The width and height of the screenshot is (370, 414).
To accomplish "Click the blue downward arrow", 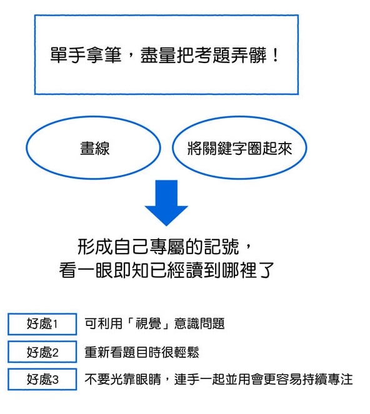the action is click(166, 202).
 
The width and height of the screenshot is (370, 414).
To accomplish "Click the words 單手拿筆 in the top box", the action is click(86, 55).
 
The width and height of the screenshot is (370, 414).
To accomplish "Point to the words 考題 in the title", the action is click(212, 55).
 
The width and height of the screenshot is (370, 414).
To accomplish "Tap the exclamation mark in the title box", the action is click(276, 55).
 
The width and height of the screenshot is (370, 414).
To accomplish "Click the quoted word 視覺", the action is click(149, 323).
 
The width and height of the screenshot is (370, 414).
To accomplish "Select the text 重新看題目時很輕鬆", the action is click(142, 352).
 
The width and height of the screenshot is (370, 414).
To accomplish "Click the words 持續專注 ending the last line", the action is click(327, 380).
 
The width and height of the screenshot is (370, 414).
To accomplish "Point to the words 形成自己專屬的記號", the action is click(158, 247).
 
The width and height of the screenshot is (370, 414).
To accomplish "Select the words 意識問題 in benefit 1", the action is click(199, 323).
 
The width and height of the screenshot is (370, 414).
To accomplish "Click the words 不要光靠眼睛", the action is click(123, 380).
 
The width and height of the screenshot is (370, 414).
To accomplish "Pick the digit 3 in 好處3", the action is click(55, 380).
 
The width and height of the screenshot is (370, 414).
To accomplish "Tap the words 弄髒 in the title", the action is click(249, 55).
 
